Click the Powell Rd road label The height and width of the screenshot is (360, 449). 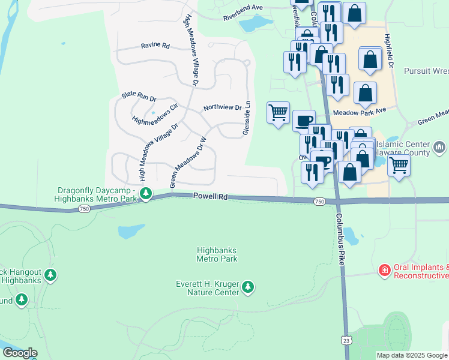point(211,196)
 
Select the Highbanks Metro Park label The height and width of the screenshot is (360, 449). point(217,254)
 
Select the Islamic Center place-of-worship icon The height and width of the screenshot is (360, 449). point(439,146)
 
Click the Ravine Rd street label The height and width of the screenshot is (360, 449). point(155,46)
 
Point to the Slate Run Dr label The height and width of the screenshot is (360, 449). point(139,95)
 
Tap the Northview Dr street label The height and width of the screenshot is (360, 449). point(222,108)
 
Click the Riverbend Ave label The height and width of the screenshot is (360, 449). point(243,7)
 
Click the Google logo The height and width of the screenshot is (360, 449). point(20,353)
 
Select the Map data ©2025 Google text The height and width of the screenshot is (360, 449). point(412,355)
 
